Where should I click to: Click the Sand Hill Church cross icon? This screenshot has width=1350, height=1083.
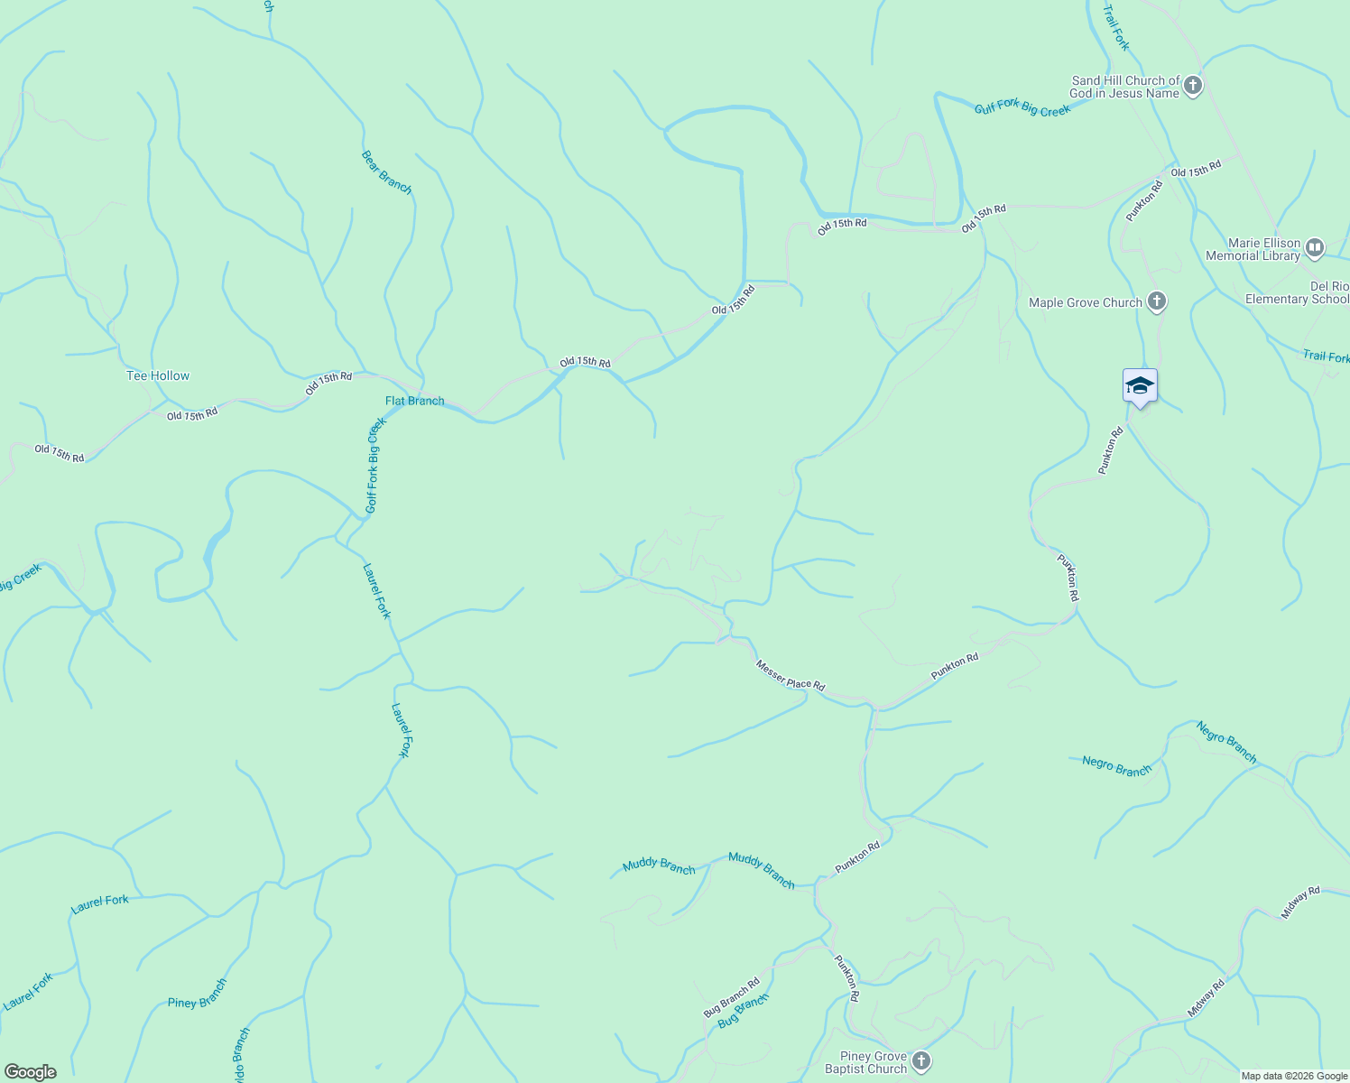pyautogui.click(x=1192, y=86)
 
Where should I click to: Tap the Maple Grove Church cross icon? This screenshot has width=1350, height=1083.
pyautogui.click(x=1157, y=302)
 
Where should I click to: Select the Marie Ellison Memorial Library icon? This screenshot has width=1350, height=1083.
pyautogui.click(x=1315, y=247)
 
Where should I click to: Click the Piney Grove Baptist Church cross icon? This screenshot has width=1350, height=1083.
pyautogui.click(x=920, y=1061)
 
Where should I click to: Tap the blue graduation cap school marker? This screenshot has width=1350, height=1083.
pyautogui.click(x=1140, y=386)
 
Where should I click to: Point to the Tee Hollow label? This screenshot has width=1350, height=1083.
pyautogui.click(x=158, y=375)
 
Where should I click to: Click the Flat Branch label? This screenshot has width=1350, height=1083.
pyautogui.click(x=415, y=401)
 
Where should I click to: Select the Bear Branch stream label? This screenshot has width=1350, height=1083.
pyautogui.click(x=386, y=171)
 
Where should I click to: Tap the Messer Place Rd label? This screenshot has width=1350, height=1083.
pyautogui.click(x=791, y=675)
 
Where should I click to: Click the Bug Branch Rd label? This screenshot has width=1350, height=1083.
pyautogui.click(x=731, y=997)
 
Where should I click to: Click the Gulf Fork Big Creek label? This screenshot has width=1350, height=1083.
pyautogui.click(x=1022, y=109)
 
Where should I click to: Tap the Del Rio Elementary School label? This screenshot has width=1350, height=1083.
pyautogui.click(x=1298, y=292)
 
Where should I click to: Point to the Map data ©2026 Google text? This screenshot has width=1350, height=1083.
pyautogui.click(x=1293, y=1076)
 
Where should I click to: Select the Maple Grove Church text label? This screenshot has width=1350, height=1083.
pyautogui.click(x=1086, y=302)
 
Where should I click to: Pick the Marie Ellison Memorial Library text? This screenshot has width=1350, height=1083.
pyautogui.click(x=1253, y=249)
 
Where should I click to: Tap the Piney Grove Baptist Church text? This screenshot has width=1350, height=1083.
pyautogui.click(x=865, y=1062)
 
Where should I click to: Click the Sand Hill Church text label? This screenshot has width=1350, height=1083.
pyautogui.click(x=1125, y=87)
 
